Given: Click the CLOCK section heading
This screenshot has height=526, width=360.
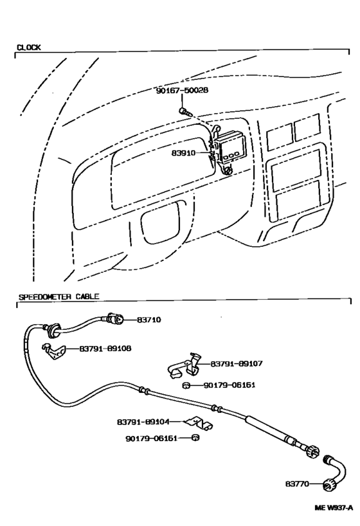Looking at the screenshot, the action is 28,48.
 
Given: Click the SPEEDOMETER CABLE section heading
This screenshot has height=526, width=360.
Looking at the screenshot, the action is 59,296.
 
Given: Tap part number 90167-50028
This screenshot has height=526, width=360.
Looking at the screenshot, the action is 182,91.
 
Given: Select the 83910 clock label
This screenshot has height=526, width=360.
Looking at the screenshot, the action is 183,153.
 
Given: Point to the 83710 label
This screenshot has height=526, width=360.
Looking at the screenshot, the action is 149,320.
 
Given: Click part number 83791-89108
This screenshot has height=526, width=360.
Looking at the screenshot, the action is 105,349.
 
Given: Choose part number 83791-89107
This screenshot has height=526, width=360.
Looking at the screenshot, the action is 237,363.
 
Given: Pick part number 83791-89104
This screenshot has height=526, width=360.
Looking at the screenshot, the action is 143,422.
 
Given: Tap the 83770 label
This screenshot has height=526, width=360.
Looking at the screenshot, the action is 297,484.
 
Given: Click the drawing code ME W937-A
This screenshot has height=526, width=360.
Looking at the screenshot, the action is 334,507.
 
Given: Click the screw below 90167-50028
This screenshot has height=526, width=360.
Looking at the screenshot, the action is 185,111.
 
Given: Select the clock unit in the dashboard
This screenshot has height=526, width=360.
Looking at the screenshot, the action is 229,148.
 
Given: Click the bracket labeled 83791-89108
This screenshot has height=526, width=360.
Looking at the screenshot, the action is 53,350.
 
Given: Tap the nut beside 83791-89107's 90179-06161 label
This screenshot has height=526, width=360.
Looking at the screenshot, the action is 186,385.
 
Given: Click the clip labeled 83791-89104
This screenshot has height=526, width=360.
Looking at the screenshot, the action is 200,423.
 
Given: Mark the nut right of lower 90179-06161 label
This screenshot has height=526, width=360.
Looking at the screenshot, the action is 195,438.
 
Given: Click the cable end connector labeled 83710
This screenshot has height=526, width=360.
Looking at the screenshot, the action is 116,319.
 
